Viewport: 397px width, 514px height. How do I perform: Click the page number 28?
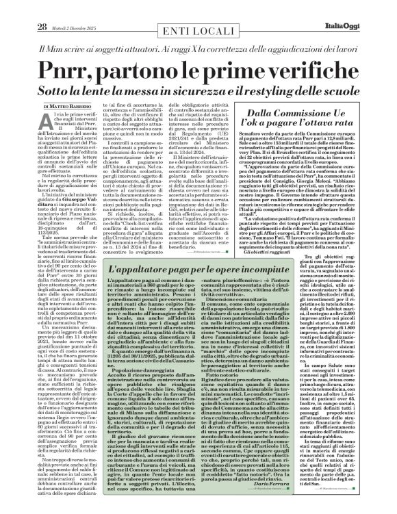[23, 9]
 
